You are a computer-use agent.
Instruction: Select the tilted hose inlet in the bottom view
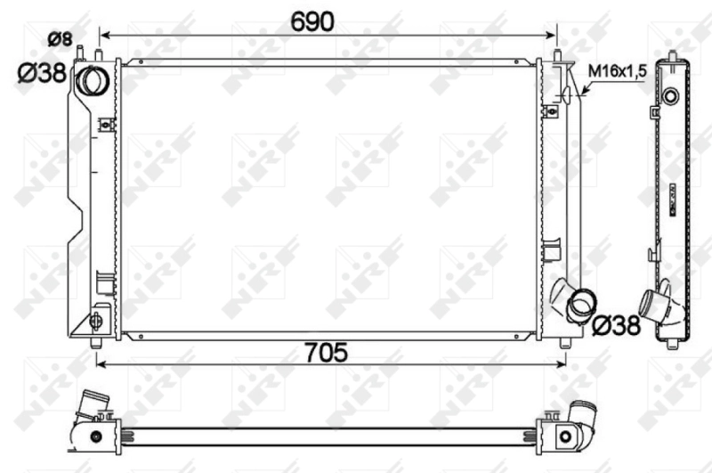93,406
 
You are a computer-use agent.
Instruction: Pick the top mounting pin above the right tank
557,55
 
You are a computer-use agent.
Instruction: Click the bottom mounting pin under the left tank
97,342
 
